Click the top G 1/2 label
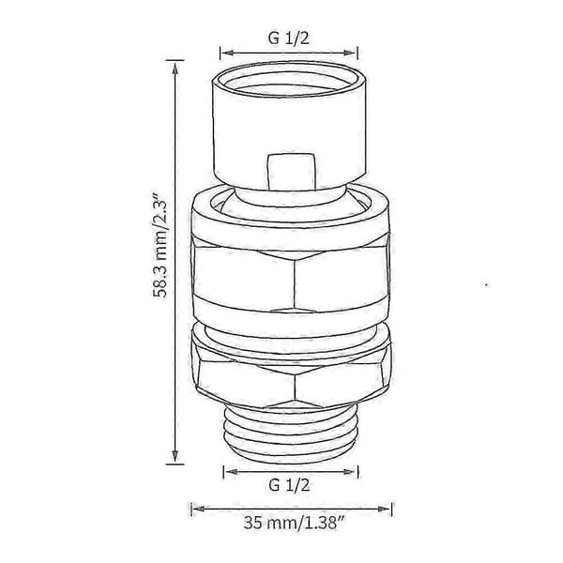pyautogui.click(x=288, y=38)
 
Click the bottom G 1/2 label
pyautogui.click(x=289, y=485)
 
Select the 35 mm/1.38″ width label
pyautogui.click(x=291, y=523)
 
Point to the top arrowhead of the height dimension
pyautogui.click(x=175, y=68)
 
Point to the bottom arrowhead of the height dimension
pyautogui.click(x=175, y=456)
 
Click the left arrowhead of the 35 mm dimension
pyautogui.click(x=198, y=509)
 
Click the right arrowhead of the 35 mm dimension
pyautogui.click(x=384, y=509)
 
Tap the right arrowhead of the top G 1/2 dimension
pyautogui.click(x=350, y=53)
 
